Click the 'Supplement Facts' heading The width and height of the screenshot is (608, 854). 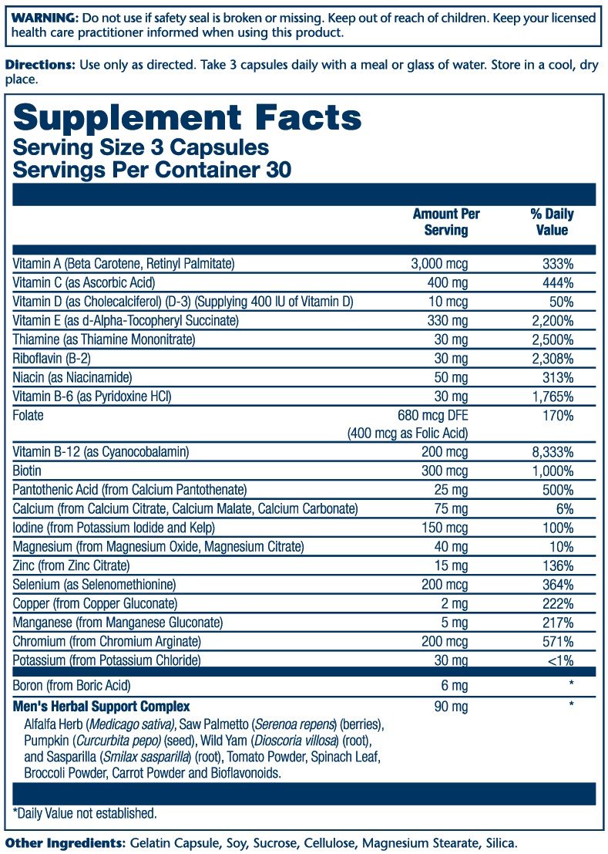coord(187,118)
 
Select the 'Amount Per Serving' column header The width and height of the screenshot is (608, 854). coord(440,222)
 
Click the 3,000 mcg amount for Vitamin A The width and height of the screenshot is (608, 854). coord(440,264)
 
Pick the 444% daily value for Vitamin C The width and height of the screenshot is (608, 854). coord(557,283)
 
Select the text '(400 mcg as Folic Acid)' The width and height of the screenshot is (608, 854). coord(407,434)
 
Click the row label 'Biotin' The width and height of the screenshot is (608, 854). coord(27,471)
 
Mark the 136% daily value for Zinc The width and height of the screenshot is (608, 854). coord(557,565)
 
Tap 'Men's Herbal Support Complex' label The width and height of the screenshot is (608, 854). coord(101,707)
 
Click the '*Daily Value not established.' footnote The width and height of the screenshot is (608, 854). coord(85,813)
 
